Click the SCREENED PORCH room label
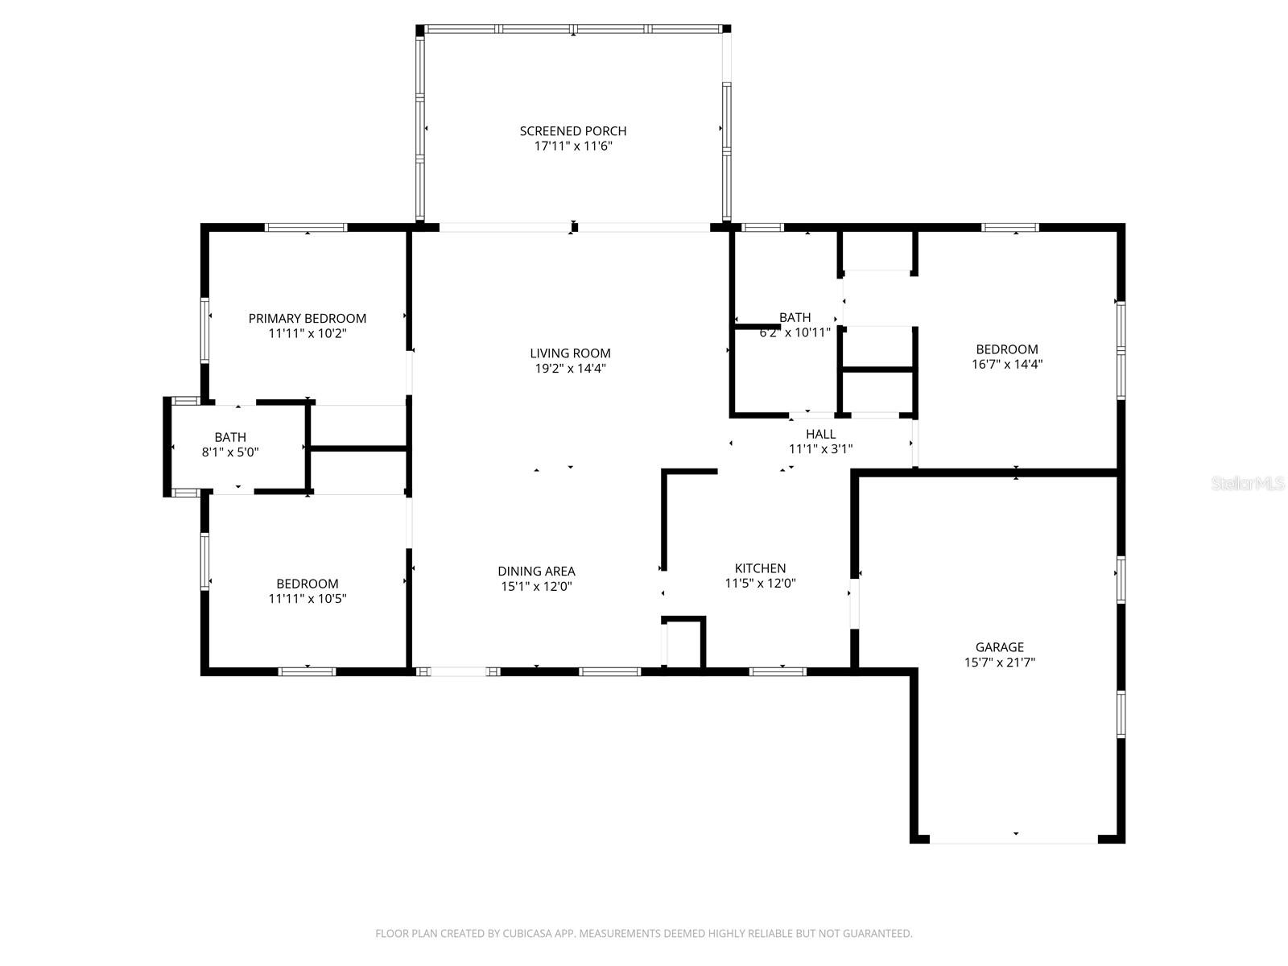(x=572, y=131)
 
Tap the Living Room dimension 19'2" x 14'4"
(x=570, y=369)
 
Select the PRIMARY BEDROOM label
(x=307, y=319)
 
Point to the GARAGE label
(x=999, y=647)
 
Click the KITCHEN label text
(x=760, y=568)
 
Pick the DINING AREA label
(x=536, y=572)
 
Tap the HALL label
(x=820, y=435)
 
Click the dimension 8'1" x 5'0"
(x=230, y=452)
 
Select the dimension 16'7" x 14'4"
(x=1007, y=364)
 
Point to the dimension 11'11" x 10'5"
(x=307, y=599)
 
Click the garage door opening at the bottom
(x=1013, y=841)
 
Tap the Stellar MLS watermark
(x=1248, y=483)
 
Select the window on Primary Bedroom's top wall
(x=307, y=228)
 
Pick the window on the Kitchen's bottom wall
(x=778, y=671)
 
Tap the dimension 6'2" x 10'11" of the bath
(x=795, y=332)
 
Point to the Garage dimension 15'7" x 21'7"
(x=999, y=663)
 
